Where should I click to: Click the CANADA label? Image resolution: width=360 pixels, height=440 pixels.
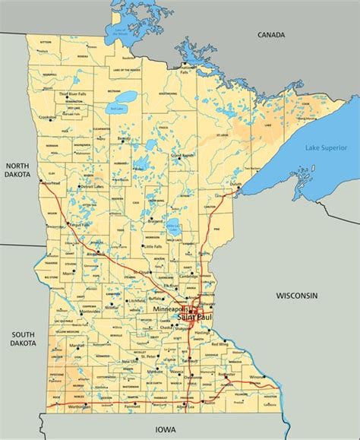(x=270, y=35)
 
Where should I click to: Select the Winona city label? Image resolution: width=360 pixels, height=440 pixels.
(x=258, y=378)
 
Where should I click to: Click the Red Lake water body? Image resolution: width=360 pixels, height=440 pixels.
(x=119, y=99)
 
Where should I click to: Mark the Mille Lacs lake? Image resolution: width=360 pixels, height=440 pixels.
(x=174, y=226)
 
